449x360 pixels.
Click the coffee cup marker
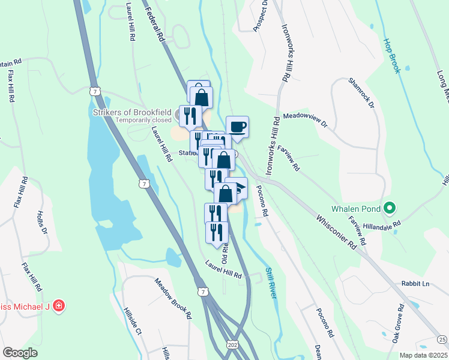tap(238, 127)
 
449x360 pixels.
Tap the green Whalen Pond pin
tap(389, 208)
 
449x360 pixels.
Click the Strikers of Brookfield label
tap(135, 112)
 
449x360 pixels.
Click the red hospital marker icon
tap(59, 306)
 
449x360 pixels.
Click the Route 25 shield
tap(442, 340)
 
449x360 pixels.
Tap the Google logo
tap(20, 353)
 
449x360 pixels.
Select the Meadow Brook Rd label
tap(173, 298)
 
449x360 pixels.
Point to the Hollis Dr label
tap(41, 221)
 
